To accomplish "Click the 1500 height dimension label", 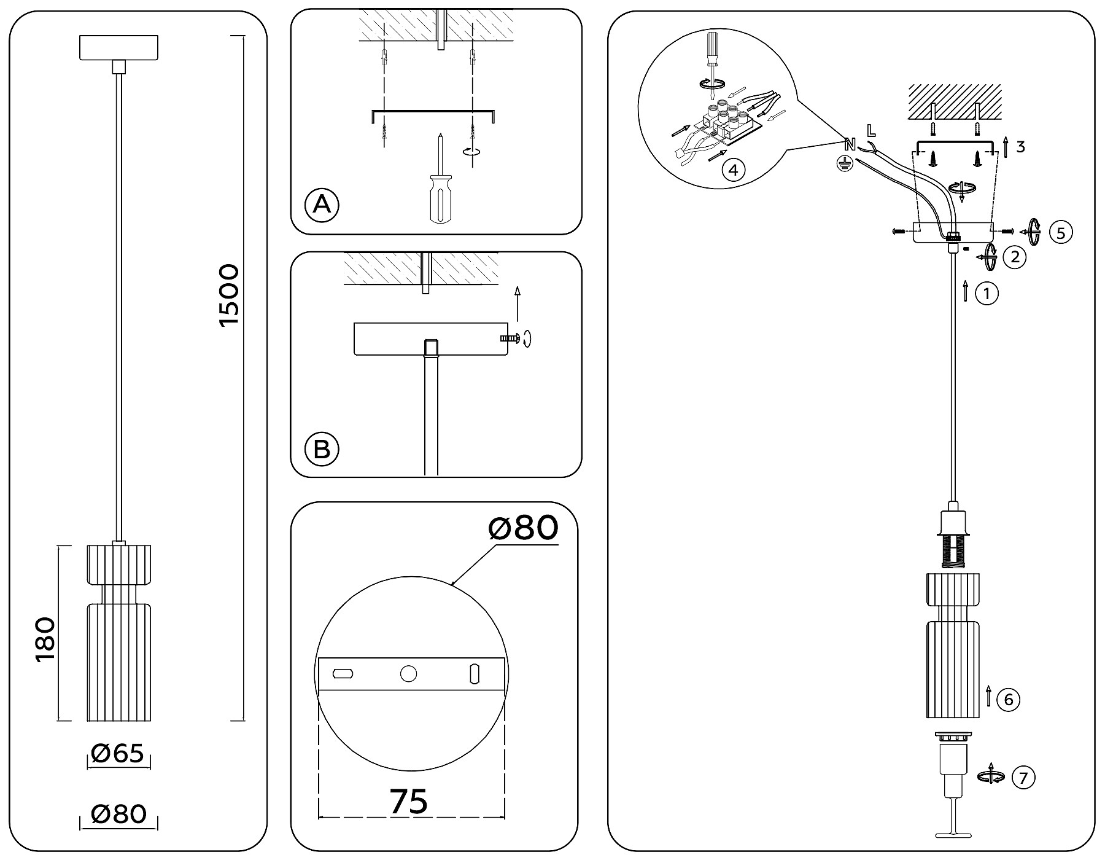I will click(x=230, y=295).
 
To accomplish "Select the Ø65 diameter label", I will click(x=117, y=754).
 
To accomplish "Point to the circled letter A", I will click(x=322, y=205).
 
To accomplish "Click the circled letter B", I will click(x=322, y=449).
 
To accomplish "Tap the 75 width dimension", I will click(x=409, y=802).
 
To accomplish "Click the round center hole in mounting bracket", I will click(x=408, y=674).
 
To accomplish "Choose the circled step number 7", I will click(x=1022, y=778).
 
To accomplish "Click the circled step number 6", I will click(x=1008, y=700).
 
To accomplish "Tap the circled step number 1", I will click(x=987, y=294).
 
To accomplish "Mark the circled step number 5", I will click(x=1061, y=232).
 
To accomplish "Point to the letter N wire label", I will click(x=850, y=145).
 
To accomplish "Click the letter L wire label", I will click(x=871, y=130).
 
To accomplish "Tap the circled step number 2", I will click(x=1014, y=257).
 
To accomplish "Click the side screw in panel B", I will click(x=511, y=337).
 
